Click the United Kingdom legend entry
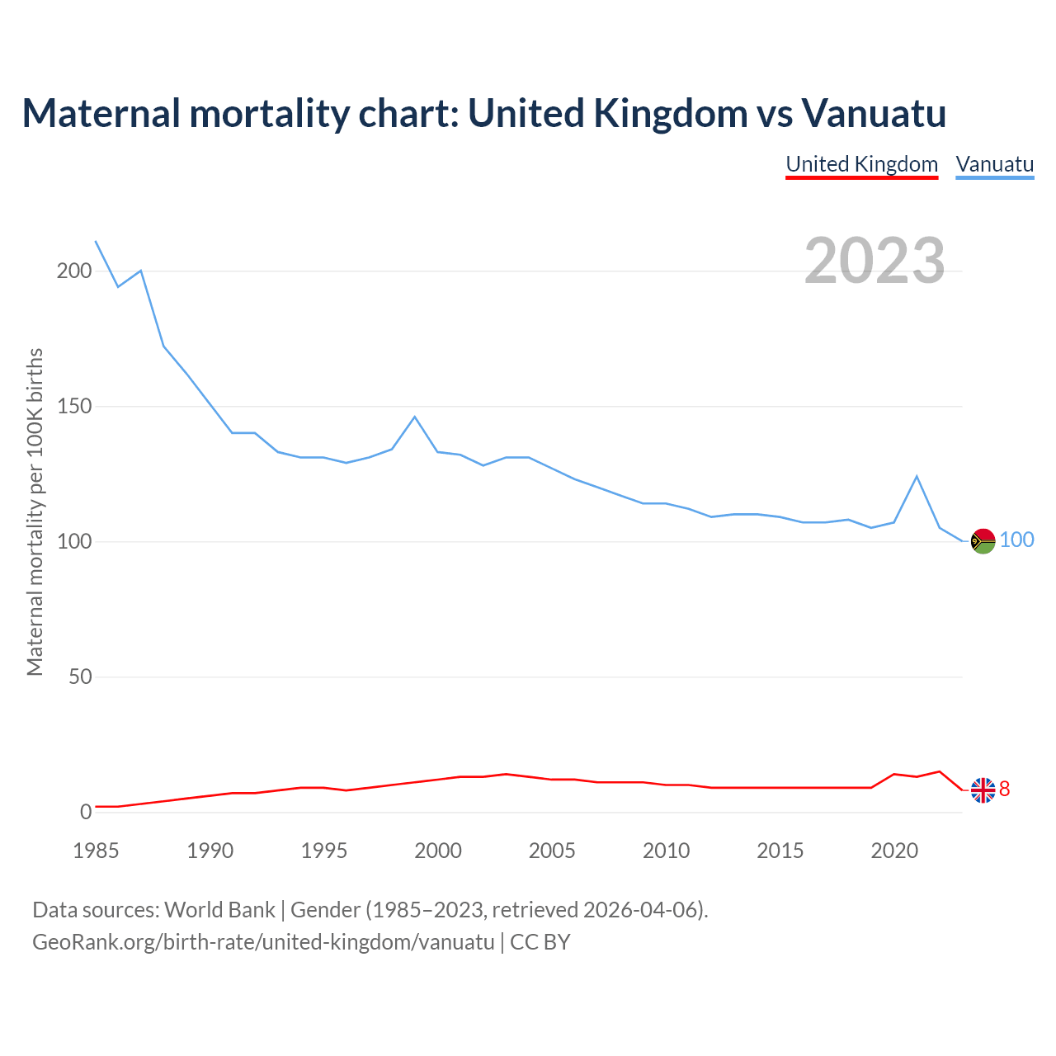click(x=861, y=164)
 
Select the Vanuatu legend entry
click(x=994, y=164)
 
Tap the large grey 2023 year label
click(x=874, y=260)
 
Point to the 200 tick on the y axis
click(x=74, y=271)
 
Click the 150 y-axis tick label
click(x=74, y=406)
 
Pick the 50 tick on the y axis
click(x=80, y=676)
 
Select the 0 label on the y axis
click(x=86, y=812)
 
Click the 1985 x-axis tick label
click(x=96, y=851)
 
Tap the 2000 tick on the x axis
click(x=438, y=851)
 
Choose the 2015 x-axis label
click(x=780, y=851)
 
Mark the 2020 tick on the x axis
click(x=894, y=851)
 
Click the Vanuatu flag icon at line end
click(x=983, y=541)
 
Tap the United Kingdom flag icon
click(x=983, y=790)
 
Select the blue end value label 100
click(x=1016, y=540)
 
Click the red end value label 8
click(x=1004, y=790)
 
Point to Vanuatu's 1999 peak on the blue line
click(x=415, y=417)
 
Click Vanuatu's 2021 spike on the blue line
click(x=917, y=476)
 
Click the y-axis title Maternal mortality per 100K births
click(x=35, y=511)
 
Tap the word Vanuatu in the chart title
click(x=873, y=113)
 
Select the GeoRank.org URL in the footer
click(x=263, y=941)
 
